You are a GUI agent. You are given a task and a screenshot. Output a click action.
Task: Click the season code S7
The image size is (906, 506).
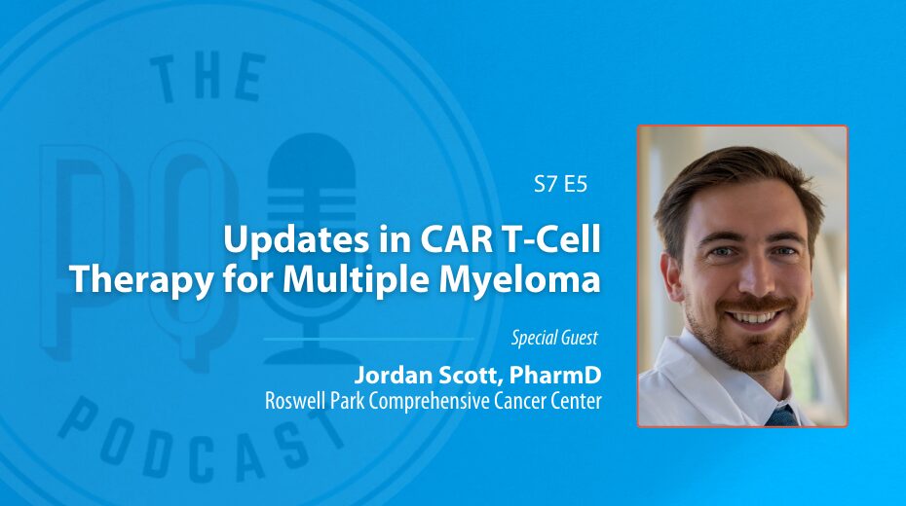pos(546,184)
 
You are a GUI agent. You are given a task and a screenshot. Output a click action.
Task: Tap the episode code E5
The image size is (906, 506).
pos(576,184)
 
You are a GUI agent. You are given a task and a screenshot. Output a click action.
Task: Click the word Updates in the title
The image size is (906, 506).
pos(296,240)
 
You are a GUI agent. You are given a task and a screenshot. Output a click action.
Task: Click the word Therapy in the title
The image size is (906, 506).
pos(142,281)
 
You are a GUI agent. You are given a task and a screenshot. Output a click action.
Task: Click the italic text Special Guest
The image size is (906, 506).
pos(554,338)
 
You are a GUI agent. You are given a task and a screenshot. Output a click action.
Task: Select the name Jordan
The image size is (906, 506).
pos(393,375)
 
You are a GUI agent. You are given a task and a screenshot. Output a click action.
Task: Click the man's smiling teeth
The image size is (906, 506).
pos(752,317)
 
